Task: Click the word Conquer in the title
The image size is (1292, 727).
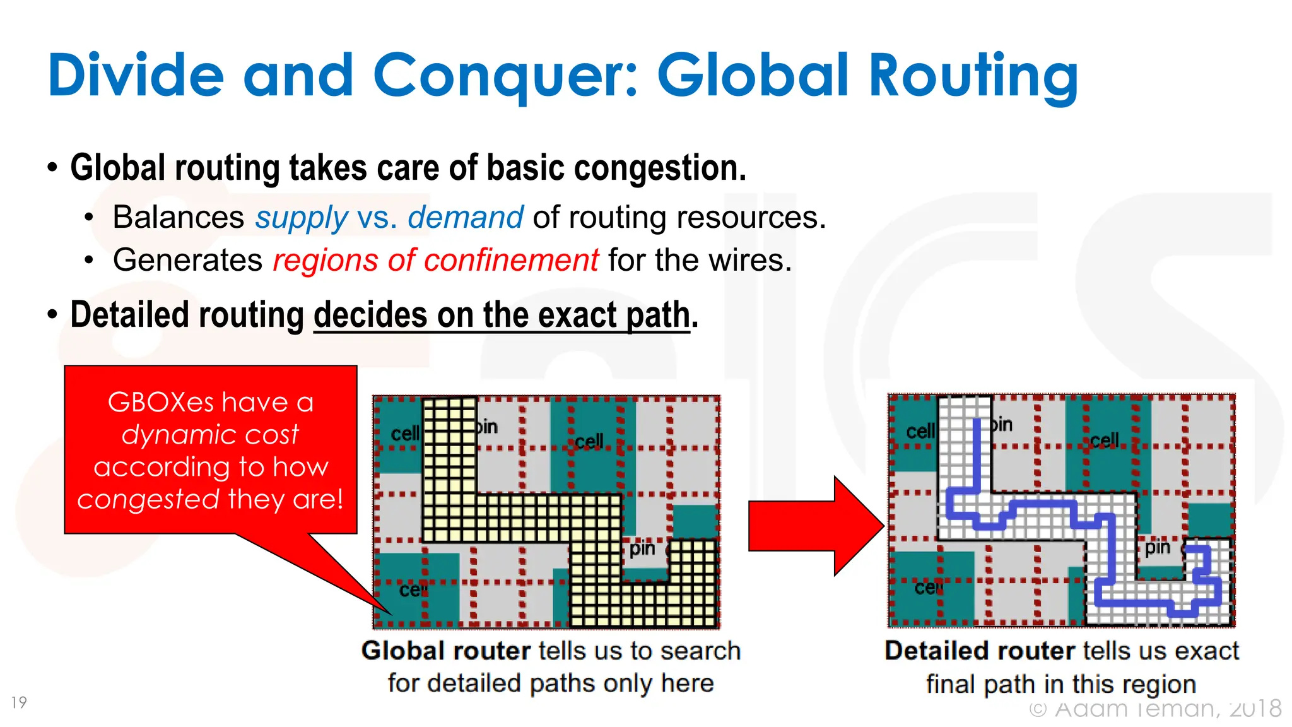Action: (505, 76)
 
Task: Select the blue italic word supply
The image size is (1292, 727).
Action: (301, 218)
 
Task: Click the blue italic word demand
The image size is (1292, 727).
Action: (465, 218)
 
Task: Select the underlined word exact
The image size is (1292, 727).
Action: (577, 315)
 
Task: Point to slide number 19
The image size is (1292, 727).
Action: (19, 702)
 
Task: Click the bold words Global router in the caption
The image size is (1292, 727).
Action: (445, 651)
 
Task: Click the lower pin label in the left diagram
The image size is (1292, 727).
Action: (642, 548)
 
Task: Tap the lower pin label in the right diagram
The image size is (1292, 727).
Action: (1157, 547)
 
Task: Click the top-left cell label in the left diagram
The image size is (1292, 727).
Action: (404, 434)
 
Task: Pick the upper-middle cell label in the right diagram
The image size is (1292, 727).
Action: (1104, 440)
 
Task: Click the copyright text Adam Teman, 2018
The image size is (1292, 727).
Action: (1154, 708)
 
